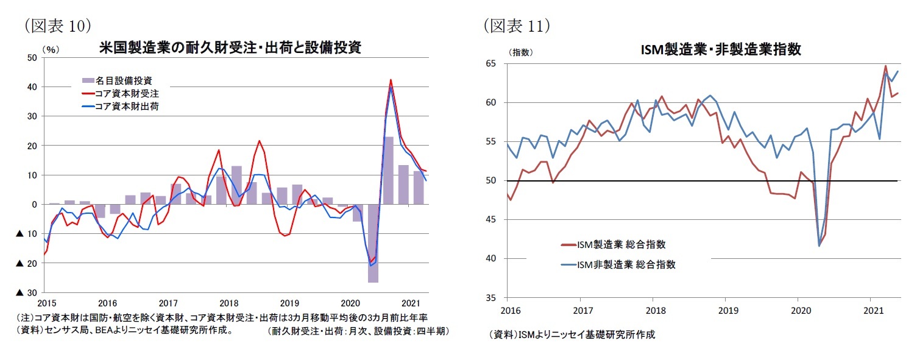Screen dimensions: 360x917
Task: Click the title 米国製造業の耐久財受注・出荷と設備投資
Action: point(230,48)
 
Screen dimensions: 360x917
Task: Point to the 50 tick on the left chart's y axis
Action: point(32,58)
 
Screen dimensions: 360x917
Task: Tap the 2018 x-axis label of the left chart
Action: point(229,303)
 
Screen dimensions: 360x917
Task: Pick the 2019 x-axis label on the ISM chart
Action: point(725,310)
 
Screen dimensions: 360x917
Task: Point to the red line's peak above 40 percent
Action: point(391,80)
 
